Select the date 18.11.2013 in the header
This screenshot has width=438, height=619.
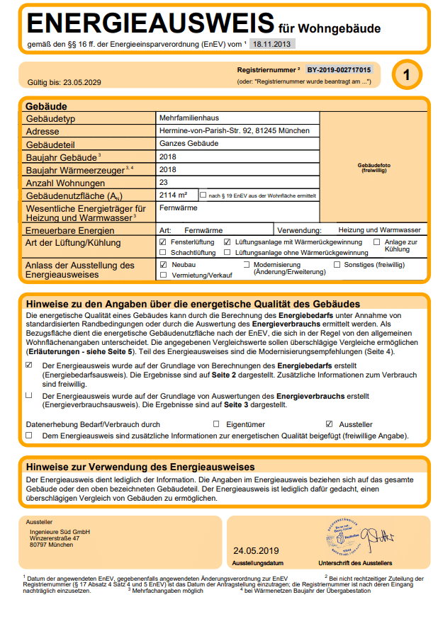272,44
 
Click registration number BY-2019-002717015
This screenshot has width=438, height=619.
339,71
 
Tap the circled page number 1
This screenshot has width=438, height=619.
405,75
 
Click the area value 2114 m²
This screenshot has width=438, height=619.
174,195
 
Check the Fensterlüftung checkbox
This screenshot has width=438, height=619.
164,242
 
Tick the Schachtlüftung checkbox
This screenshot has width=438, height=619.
164,252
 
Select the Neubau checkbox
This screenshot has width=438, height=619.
164,264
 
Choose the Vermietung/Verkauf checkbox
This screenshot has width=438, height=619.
164,275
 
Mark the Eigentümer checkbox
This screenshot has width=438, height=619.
216,424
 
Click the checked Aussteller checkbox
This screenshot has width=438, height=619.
329,424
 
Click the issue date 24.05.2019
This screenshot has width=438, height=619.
256,550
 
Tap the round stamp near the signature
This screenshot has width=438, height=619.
344,538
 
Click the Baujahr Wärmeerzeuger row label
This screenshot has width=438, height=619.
78,170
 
